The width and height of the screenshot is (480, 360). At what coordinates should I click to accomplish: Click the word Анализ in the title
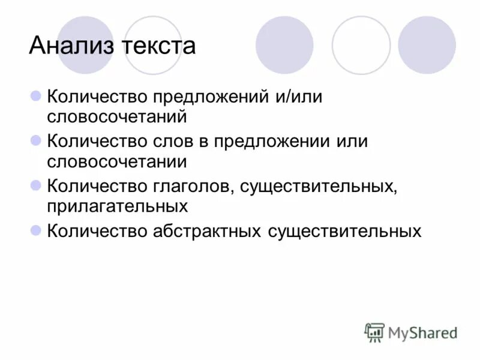click(71, 46)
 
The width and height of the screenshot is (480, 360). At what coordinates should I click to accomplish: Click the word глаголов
click(192, 187)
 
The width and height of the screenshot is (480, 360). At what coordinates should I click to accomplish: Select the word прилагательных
click(118, 206)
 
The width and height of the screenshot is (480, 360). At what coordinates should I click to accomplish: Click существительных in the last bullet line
click(344, 231)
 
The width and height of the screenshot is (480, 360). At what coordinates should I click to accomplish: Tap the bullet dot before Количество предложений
click(35, 96)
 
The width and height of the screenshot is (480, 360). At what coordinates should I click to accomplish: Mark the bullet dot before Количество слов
click(35, 141)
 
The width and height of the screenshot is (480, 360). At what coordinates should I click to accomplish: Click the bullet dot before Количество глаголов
click(35, 185)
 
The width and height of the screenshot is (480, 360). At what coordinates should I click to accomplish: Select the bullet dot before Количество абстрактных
click(35, 230)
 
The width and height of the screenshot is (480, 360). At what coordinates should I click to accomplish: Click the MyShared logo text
click(423, 332)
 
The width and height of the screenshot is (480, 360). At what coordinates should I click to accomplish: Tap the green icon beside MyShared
click(375, 332)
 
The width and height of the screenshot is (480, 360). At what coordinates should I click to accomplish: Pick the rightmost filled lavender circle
click(427, 45)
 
